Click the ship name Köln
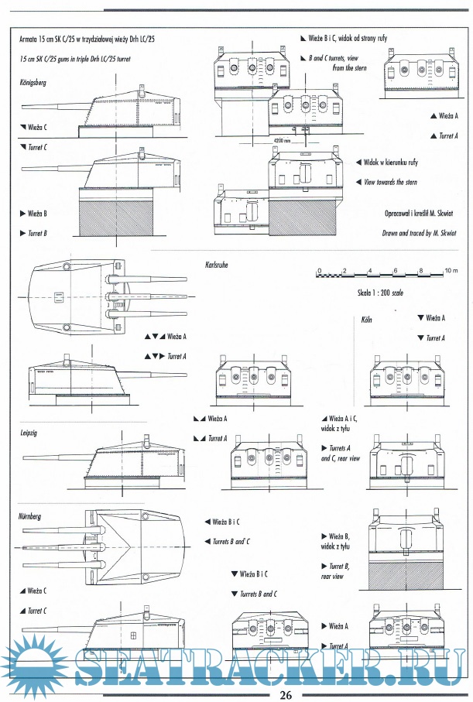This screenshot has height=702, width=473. pyautogui.click(x=367, y=319)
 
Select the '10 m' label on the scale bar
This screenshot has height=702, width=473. pyautogui.click(x=451, y=271)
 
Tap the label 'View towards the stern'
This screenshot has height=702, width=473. pyautogui.click(x=390, y=183)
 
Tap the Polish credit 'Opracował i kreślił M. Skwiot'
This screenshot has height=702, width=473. pyautogui.click(x=420, y=213)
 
